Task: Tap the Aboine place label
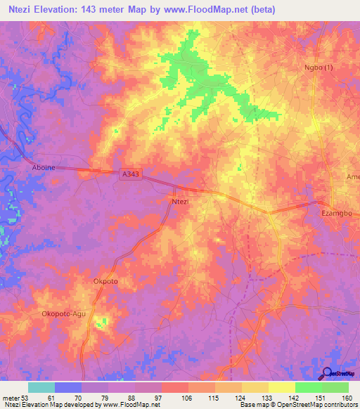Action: click(44, 167)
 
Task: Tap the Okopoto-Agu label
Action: click(64, 313)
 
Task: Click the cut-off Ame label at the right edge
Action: click(353, 177)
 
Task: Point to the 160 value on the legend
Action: click(347, 398)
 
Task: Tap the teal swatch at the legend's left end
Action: click(41, 387)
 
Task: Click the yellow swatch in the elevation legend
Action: click(281, 387)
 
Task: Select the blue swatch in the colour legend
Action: click(68, 387)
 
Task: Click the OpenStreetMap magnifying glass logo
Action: click(327, 373)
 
